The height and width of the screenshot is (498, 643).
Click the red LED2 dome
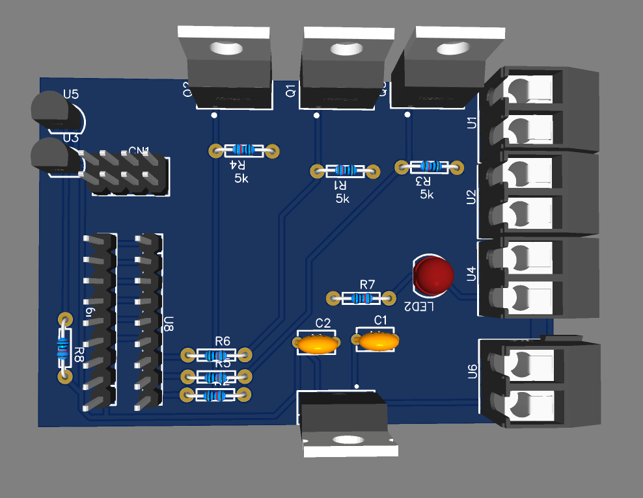(433, 274)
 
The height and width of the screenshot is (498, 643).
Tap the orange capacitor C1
(376, 341)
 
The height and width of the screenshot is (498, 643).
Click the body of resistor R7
(361, 298)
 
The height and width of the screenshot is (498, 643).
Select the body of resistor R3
(430, 167)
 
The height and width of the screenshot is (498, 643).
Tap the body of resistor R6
(216, 355)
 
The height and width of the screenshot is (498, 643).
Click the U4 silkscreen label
(472, 273)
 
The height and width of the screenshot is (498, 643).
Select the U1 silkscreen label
(472, 122)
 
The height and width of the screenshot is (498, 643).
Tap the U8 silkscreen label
(169, 324)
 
